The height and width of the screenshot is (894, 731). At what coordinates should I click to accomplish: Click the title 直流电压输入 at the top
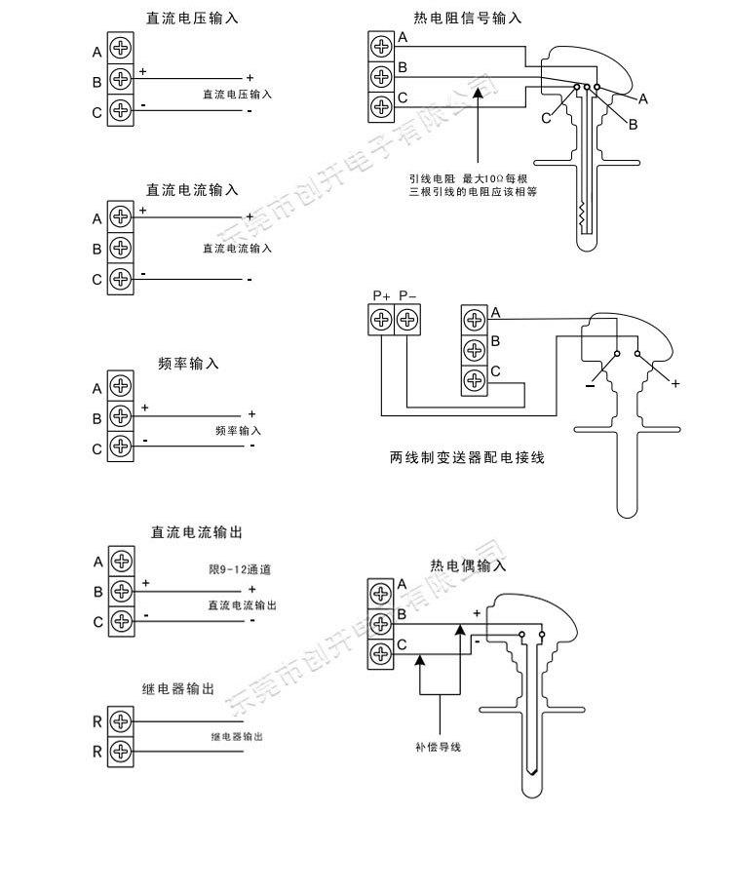tap(191, 19)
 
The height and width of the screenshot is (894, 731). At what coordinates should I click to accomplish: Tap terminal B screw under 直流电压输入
tap(120, 80)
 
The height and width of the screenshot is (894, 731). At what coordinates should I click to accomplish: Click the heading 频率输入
tap(188, 364)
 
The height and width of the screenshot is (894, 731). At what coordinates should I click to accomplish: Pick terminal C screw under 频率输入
tap(120, 447)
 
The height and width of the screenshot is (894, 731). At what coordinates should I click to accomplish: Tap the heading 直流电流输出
tap(195, 532)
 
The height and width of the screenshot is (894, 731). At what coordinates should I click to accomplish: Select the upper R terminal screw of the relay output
tap(120, 721)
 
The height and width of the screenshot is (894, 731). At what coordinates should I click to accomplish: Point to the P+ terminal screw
tap(381, 319)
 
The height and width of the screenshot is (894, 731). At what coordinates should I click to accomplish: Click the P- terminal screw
tap(406, 319)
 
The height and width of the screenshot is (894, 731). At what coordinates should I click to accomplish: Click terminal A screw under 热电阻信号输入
tap(381, 45)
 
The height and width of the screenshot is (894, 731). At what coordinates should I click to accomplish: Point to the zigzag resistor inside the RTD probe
tap(583, 215)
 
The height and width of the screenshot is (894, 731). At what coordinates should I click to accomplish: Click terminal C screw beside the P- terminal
tap(474, 380)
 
